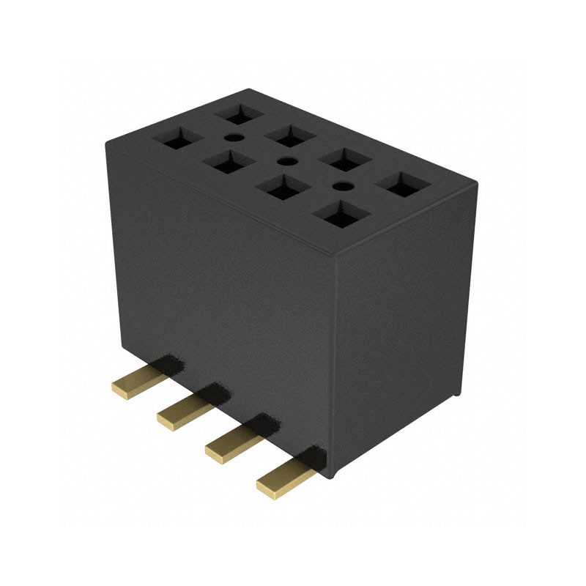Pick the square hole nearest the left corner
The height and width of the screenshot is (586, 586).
pyautogui.click(x=179, y=139)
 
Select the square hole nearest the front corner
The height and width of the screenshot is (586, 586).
pyautogui.click(x=338, y=215)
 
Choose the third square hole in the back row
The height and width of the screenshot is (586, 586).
pyautogui.click(x=344, y=158)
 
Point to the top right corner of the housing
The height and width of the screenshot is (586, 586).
pyautogui.click(x=477, y=180)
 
